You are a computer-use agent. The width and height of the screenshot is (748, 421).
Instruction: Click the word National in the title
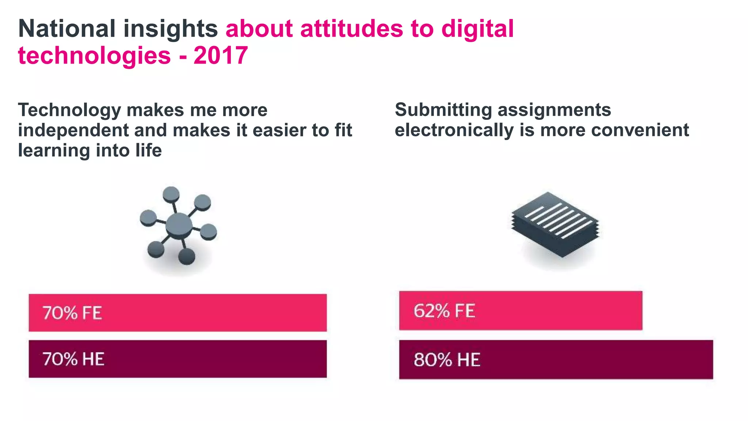point(67,29)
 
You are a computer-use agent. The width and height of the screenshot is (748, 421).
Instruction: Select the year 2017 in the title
point(221,56)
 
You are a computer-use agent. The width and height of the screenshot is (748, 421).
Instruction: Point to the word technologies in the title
point(94,56)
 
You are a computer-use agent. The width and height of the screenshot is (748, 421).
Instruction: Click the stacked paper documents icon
point(555,224)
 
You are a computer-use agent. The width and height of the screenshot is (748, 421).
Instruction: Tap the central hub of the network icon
point(179,226)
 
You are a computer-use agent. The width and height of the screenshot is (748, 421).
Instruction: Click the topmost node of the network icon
point(171,194)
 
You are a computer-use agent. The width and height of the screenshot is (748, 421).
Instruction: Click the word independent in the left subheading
point(73,130)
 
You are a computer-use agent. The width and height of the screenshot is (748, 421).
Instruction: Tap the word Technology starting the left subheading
point(69,110)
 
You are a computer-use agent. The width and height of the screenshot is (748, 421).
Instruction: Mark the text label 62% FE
point(444,311)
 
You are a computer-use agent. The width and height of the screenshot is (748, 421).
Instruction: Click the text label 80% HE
point(447,360)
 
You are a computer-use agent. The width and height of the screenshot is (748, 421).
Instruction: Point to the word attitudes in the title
point(351,29)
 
